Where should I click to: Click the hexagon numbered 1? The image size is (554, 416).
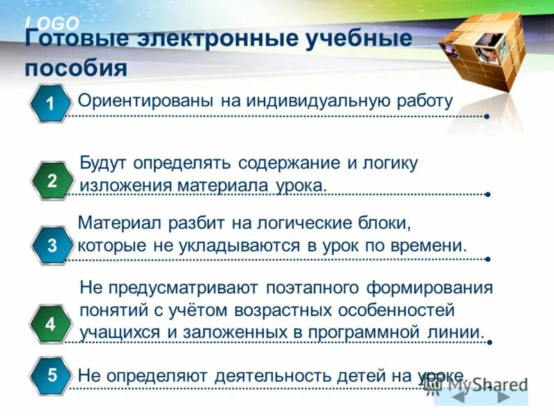pyautogui.click(x=50, y=103)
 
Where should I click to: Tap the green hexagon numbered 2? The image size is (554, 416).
pyautogui.click(x=52, y=181)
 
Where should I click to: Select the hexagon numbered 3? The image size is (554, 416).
pyautogui.click(x=52, y=245)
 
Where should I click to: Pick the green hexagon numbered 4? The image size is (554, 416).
pyautogui.click(x=50, y=324)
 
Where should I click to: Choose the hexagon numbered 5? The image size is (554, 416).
pyautogui.click(x=52, y=376)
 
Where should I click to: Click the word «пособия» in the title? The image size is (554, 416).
pyautogui.click(x=76, y=69)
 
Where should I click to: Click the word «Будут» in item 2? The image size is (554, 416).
pyautogui.click(x=106, y=164)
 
